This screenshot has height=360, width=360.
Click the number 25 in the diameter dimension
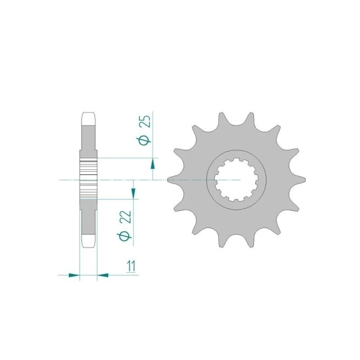(x=145, y=121)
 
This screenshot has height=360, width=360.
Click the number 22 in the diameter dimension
(x=126, y=217)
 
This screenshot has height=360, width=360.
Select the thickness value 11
(x=131, y=266)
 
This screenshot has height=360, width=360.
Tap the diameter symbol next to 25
(x=144, y=140)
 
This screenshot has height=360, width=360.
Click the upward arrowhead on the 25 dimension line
(x=153, y=164)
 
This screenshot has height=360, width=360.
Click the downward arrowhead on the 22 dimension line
(x=133, y=193)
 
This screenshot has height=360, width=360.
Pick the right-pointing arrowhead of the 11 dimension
(x=74, y=275)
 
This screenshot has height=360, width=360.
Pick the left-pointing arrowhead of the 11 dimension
(x=102, y=275)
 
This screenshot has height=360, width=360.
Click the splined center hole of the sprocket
(x=236, y=180)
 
